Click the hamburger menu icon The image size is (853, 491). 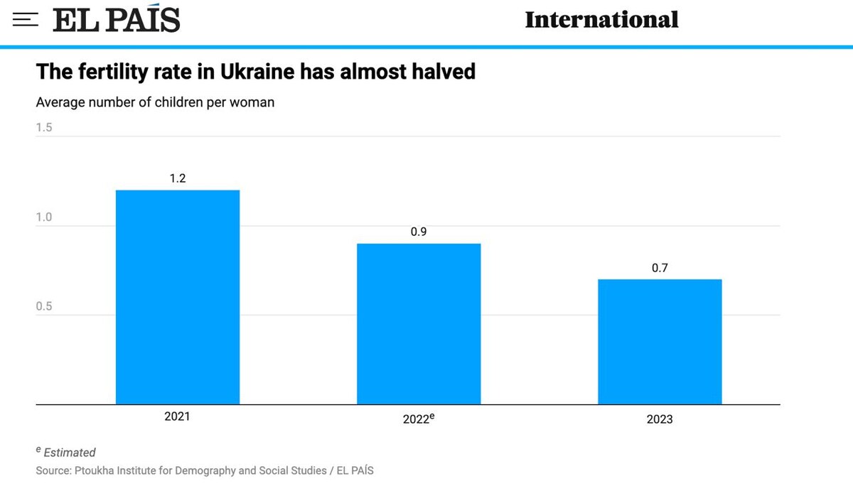(25, 20)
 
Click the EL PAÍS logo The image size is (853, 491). (117, 20)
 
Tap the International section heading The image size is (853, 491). (601, 20)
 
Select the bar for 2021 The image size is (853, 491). (178, 297)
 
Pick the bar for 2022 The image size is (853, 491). (419, 324)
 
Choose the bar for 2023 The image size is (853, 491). (660, 342)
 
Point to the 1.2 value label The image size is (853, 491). (178, 178)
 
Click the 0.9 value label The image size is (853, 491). (419, 232)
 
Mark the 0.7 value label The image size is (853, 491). (660, 268)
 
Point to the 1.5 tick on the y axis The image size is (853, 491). (44, 128)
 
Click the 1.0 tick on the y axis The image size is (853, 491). (44, 217)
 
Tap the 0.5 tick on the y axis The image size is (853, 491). (44, 307)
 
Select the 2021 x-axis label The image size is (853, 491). (178, 417)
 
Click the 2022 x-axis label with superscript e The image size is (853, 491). (419, 419)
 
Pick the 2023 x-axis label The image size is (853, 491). (660, 419)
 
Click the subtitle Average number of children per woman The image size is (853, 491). (155, 102)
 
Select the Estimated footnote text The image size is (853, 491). (69, 453)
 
